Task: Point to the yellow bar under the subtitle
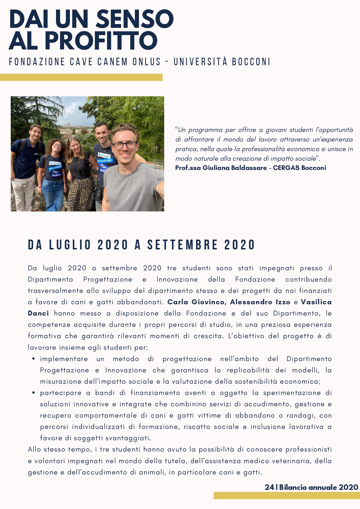point(81,77)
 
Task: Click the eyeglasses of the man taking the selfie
point(125,145)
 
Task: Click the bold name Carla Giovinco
point(196,302)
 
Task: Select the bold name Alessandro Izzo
point(260,302)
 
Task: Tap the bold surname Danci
point(38,314)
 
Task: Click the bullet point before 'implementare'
point(34,359)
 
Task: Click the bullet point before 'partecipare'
point(34,393)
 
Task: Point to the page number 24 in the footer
point(269,487)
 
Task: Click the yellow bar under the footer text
point(287,495)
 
